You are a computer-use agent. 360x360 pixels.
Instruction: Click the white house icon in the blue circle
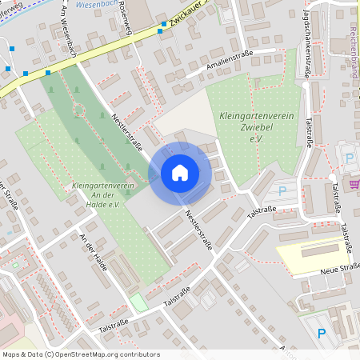coord(180,173)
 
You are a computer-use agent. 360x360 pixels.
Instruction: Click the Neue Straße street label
coord(337,269)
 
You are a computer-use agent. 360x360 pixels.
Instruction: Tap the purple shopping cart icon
coord(354,184)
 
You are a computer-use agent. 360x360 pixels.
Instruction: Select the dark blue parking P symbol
coord(322,333)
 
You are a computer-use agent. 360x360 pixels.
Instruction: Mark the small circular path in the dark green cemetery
coord(79,108)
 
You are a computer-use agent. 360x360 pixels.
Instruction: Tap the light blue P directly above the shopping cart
coord(349,158)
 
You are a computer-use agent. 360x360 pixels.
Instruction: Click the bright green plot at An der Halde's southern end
coord(139,302)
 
